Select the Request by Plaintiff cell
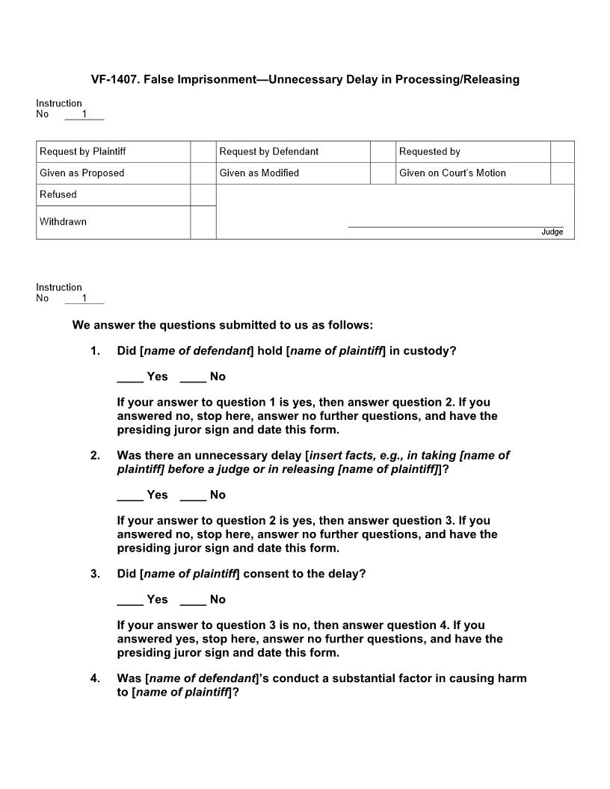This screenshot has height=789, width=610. [113, 152]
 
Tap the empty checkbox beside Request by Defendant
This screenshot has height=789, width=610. [382, 152]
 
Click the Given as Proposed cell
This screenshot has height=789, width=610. [113, 173]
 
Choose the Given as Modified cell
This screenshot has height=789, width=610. [292, 173]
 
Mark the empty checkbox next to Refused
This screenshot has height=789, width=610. [203, 195]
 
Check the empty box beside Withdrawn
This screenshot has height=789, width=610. [203, 223]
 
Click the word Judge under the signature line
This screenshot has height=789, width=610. [552, 232]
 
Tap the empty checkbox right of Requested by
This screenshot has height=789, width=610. [562, 152]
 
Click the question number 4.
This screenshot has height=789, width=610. [95, 678]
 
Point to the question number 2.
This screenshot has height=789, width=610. [95, 455]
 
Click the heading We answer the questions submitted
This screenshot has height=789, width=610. [222, 325]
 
